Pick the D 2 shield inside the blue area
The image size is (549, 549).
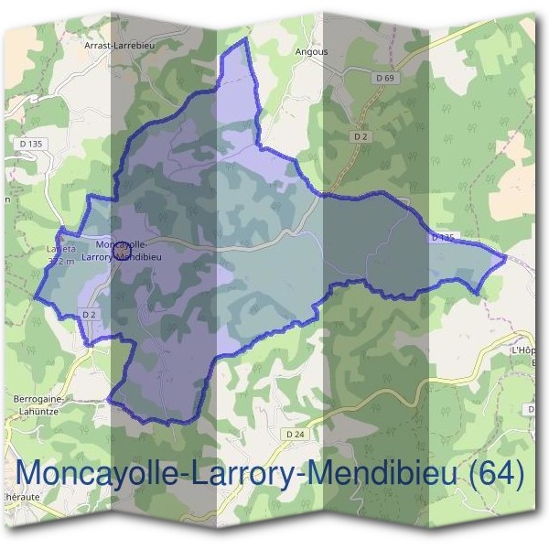coord(90,315)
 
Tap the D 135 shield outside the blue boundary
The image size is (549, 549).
coord(30,144)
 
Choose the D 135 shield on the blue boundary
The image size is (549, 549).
coord(442,238)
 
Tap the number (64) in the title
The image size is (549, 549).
coord(494,474)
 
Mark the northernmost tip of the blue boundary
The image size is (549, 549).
coord(246,39)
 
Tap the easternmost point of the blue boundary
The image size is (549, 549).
coord(506,259)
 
